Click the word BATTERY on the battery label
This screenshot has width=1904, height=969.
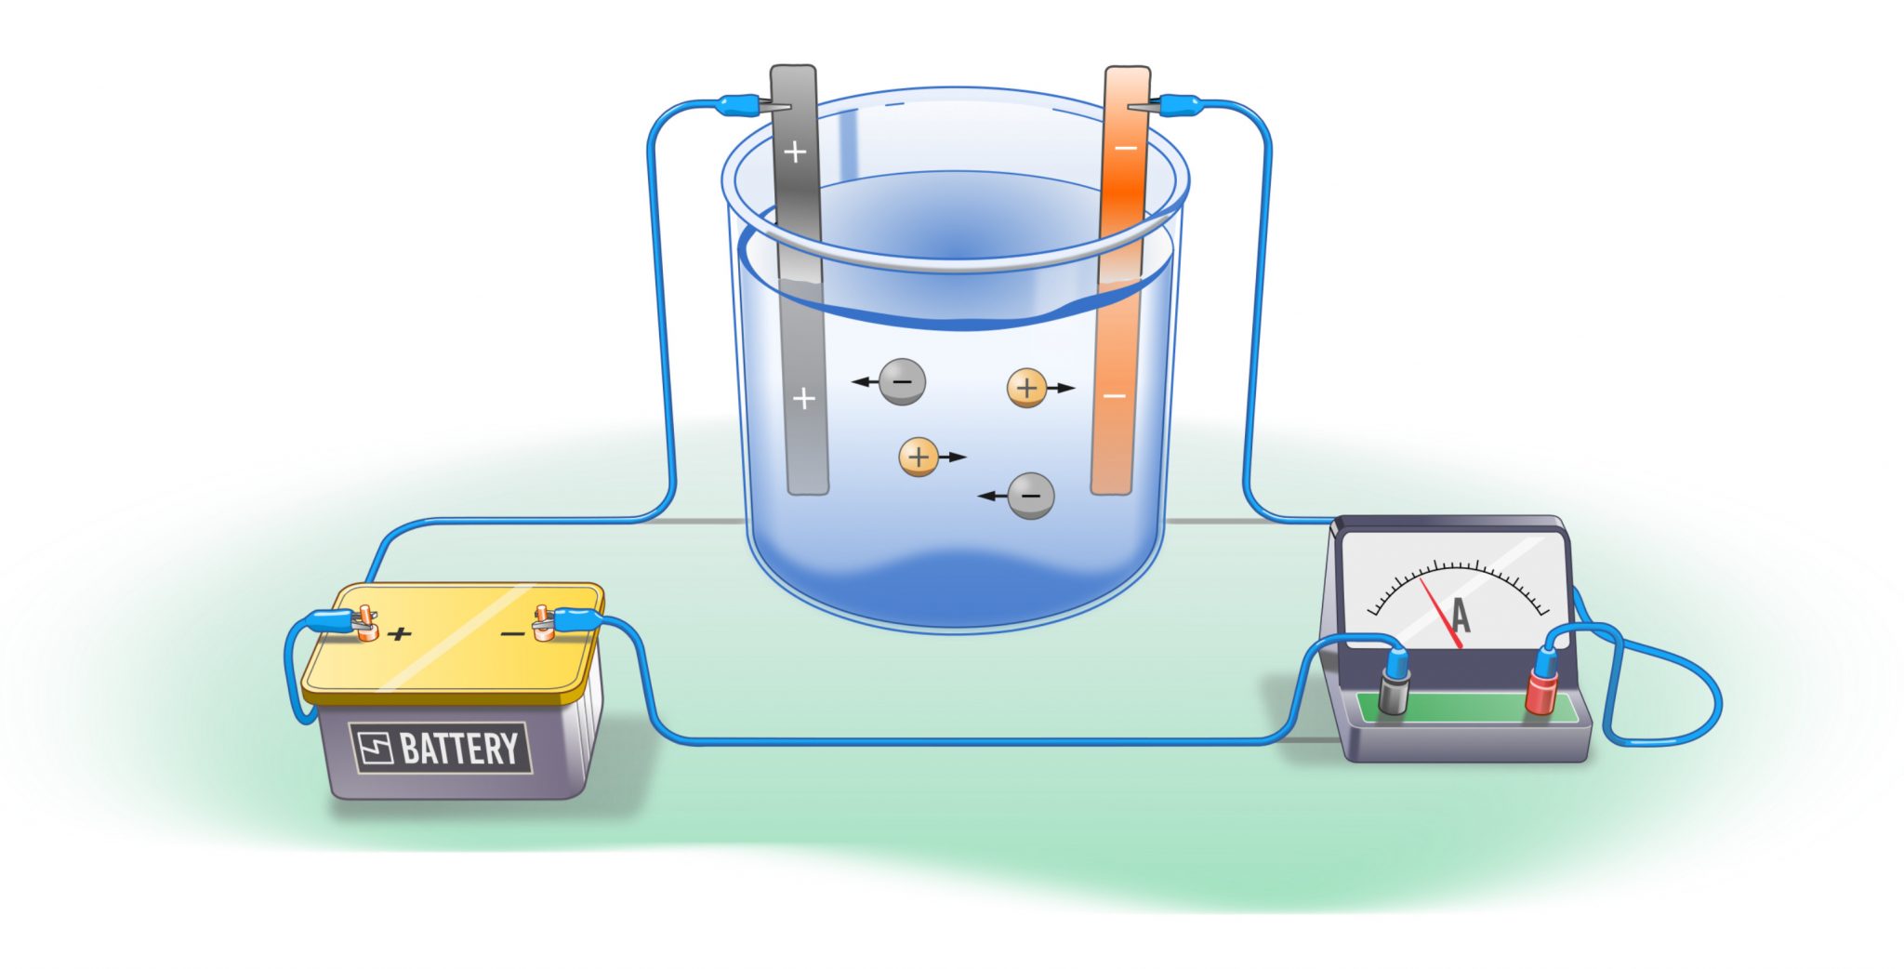459,749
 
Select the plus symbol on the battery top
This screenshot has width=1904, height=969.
400,634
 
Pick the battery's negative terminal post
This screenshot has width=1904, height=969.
542,623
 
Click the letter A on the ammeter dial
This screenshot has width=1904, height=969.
1461,616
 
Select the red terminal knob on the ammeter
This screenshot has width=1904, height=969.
1540,693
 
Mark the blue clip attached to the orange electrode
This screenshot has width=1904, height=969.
1177,104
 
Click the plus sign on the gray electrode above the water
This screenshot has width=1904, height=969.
795,152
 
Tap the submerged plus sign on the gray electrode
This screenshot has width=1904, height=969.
804,399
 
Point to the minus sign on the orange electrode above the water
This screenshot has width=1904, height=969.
1125,148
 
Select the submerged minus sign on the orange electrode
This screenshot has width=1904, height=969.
1114,396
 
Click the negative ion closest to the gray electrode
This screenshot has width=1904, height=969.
902,381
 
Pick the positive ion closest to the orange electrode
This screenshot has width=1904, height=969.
1027,388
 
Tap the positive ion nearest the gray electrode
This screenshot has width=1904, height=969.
919,457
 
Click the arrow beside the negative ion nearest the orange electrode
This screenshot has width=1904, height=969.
992,496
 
